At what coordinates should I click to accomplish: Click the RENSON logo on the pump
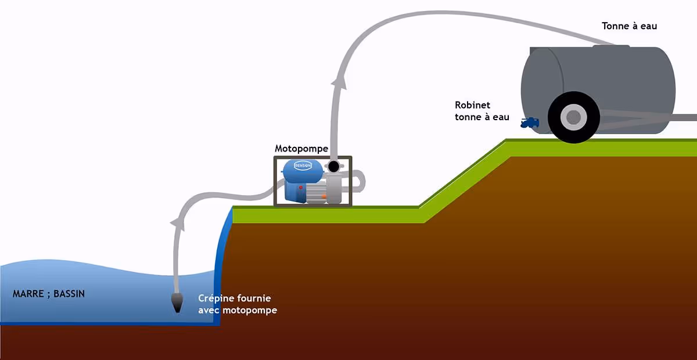[303, 165]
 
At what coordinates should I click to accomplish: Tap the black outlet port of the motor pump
[333, 167]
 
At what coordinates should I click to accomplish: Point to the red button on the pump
[300, 188]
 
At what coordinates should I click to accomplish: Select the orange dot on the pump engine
[324, 197]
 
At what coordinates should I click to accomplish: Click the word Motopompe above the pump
[301, 149]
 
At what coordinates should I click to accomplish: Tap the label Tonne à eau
[629, 26]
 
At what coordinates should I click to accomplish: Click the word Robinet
[472, 105]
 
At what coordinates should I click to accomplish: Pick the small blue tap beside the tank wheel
[530, 123]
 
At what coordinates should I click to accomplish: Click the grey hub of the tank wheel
[573, 117]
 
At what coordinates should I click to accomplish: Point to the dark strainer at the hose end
[177, 302]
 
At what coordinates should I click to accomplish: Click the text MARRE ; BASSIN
[49, 294]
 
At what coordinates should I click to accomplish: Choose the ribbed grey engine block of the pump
[314, 192]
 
